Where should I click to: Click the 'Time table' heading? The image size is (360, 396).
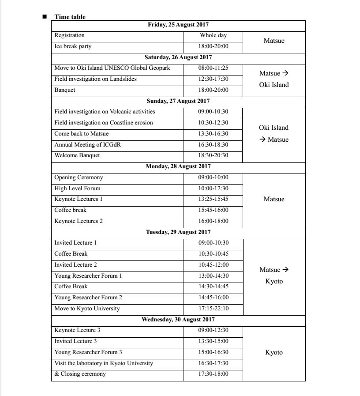click(x=70, y=17)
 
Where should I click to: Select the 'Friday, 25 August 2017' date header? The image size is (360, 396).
click(x=178, y=25)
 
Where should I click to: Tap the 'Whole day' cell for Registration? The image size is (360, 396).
click(x=213, y=35)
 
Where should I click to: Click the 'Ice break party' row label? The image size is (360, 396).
click(x=73, y=46)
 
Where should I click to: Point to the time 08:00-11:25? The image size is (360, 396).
click(x=213, y=68)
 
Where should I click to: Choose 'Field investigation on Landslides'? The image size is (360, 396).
click(x=95, y=79)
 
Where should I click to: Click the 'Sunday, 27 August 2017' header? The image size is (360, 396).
click(x=178, y=101)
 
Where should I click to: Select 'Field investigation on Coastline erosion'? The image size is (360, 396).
click(x=104, y=123)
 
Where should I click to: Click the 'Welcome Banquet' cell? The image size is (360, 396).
click(x=77, y=155)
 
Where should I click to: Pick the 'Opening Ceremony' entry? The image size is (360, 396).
click(x=79, y=177)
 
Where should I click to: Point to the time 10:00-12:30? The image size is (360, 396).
click(x=213, y=189)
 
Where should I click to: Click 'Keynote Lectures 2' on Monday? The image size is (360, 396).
click(x=79, y=221)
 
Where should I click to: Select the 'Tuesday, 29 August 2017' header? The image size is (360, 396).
click(x=178, y=232)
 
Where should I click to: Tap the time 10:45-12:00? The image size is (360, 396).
click(x=213, y=265)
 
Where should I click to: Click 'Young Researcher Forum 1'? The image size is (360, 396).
click(x=88, y=276)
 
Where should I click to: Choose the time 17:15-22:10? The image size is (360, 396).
click(x=213, y=309)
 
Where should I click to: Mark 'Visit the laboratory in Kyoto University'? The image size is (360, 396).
click(x=104, y=363)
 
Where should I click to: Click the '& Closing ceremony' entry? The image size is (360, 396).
click(x=80, y=374)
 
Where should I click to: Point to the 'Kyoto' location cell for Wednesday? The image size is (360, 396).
click(x=274, y=352)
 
